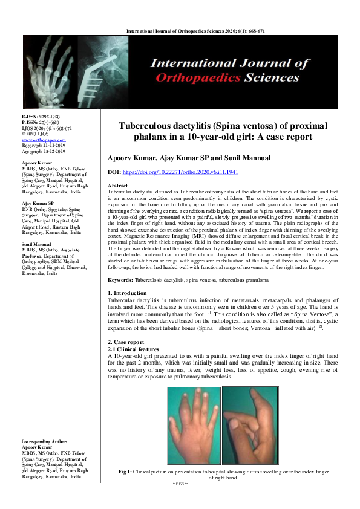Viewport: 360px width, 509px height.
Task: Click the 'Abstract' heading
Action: click(x=117, y=186)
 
